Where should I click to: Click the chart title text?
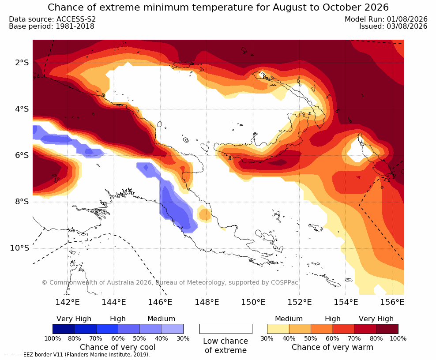(218, 7)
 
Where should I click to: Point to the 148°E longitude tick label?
(207, 302)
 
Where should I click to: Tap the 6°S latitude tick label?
(22, 155)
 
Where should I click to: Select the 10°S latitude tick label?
(19, 248)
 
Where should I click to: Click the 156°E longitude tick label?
(392, 302)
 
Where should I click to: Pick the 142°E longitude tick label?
(68, 302)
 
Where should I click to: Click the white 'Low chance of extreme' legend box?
(226, 329)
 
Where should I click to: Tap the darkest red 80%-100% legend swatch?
(387, 329)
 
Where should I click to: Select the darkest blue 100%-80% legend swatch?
(64, 329)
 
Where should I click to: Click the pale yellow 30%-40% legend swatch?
(278, 329)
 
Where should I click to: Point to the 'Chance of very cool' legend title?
(118, 347)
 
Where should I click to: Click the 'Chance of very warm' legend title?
(332, 347)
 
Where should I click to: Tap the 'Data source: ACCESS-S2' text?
(52, 19)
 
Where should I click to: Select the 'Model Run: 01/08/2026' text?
(386, 19)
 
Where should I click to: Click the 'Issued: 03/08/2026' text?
(393, 26)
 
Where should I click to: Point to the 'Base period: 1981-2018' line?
(52, 26)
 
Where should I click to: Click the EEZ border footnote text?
(77, 355)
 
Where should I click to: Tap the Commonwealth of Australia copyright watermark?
(170, 282)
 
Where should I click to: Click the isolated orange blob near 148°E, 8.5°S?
(205, 214)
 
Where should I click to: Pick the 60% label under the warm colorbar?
(332, 338)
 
